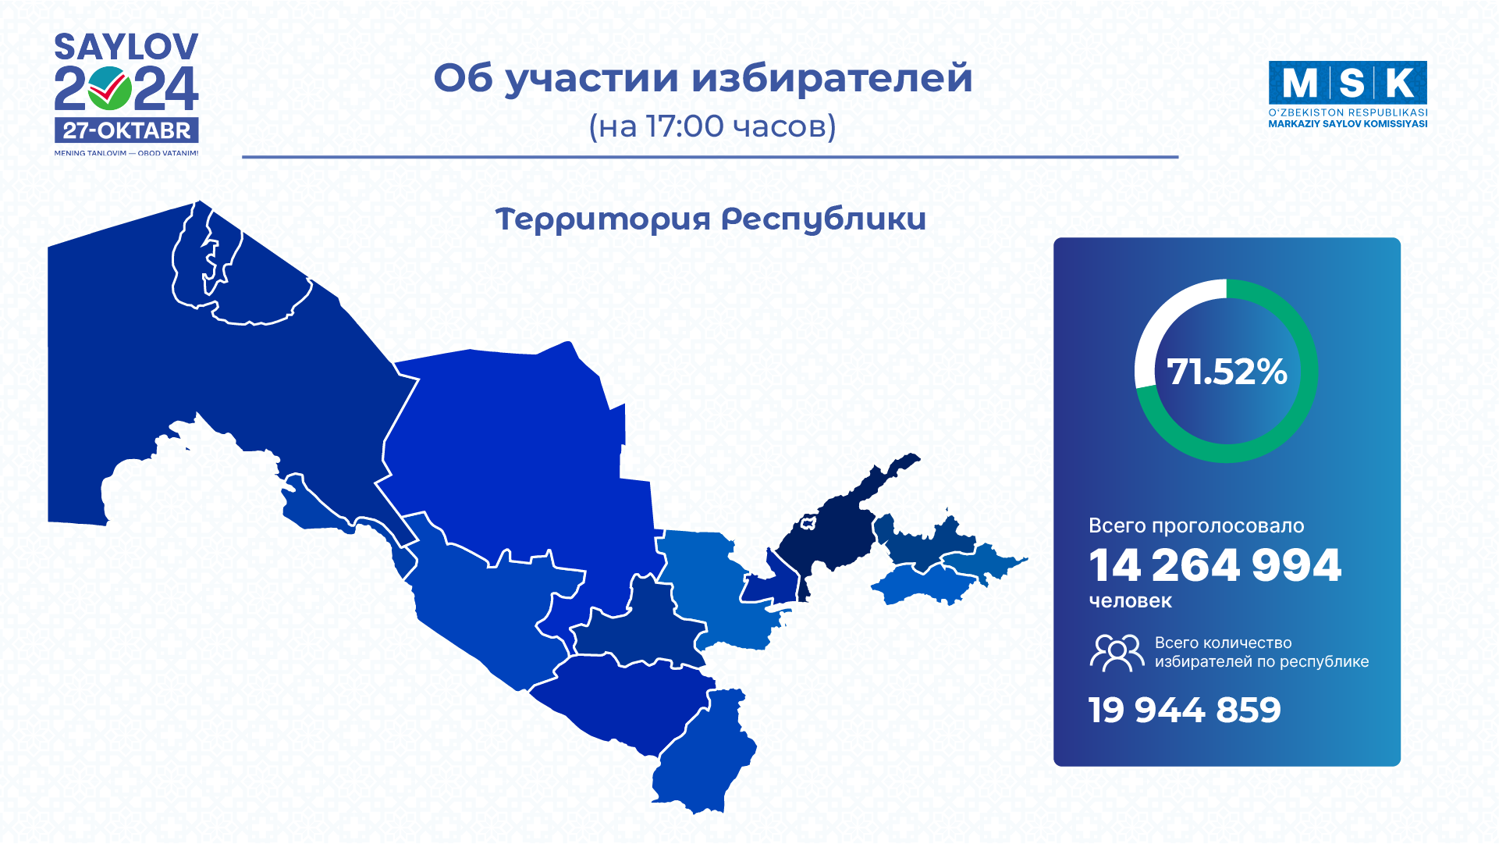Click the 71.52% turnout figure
coord(1227,372)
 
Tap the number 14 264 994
coord(1215,565)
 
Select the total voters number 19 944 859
coord(1185,710)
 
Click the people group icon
coord(1117,652)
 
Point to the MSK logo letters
coord(1348,83)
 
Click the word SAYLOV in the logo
coord(126,47)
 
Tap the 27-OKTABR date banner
coord(126,130)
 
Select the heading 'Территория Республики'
coord(710,220)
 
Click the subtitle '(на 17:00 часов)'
coord(712,126)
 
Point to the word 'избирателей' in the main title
coord(832,78)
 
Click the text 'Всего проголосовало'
coord(1196,525)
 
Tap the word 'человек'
coord(1130,600)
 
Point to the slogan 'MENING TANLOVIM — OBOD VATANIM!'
coord(126,153)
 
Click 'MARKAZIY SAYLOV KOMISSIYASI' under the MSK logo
coord(1348,123)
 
